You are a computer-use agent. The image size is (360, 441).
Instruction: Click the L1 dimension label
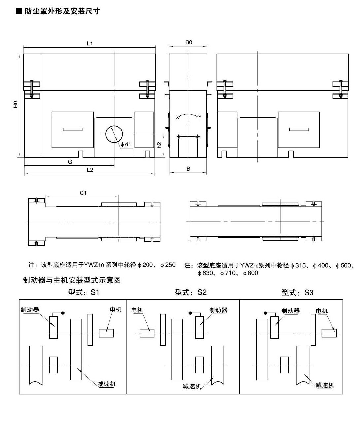(x=90, y=44)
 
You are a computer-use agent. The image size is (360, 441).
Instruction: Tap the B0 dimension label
(x=188, y=42)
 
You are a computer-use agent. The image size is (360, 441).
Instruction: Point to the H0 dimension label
(x=15, y=104)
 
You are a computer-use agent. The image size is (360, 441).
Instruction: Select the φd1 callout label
(x=126, y=144)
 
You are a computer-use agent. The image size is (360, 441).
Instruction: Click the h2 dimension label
(x=159, y=145)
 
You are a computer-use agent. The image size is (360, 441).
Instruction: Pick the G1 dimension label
(x=83, y=193)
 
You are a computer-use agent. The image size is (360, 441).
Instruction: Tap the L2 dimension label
(x=90, y=170)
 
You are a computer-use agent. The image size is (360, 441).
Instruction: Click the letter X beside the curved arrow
(x=177, y=117)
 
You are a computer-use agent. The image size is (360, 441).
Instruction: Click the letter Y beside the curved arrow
(x=200, y=117)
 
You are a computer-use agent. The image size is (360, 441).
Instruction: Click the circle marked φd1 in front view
(x=114, y=134)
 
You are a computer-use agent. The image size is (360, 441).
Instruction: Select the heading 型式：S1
(x=83, y=292)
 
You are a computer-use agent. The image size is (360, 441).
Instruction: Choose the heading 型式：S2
(x=190, y=292)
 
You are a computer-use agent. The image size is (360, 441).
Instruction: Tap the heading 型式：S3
(x=297, y=293)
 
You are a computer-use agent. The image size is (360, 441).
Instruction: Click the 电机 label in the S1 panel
(x=115, y=310)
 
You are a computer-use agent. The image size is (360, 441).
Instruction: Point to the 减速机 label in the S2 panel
(x=192, y=386)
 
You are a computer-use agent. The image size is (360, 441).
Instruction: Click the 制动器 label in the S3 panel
(x=290, y=311)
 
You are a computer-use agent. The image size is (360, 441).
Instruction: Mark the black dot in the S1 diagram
(x=63, y=313)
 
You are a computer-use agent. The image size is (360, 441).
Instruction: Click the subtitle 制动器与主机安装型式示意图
(x=72, y=280)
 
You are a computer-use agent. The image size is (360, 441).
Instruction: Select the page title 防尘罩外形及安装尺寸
(x=62, y=11)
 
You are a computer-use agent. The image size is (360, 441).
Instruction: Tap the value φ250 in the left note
(x=168, y=265)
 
